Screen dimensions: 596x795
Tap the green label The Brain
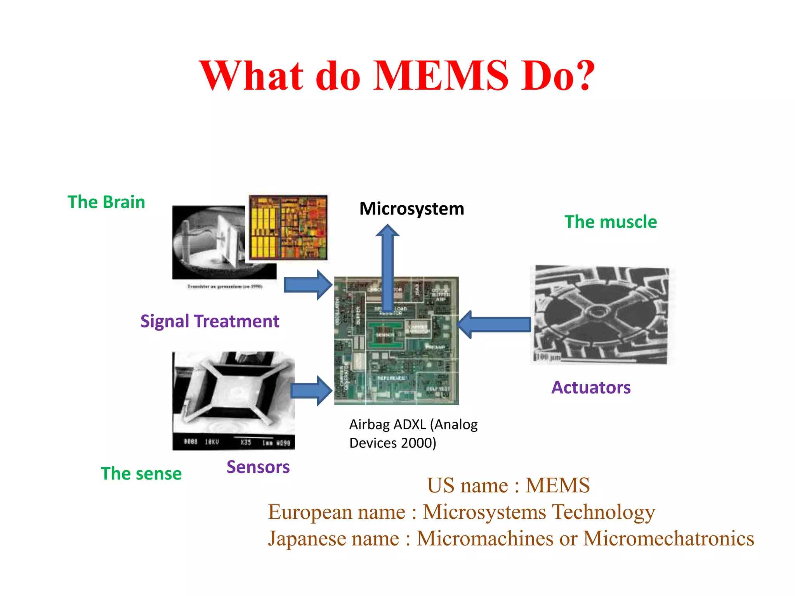[106, 202]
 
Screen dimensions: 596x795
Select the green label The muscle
[610, 222]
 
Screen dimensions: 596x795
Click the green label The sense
[141, 474]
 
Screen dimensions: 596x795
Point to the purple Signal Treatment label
[210, 321]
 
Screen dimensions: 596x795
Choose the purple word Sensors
[258, 467]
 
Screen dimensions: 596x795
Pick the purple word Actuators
[591, 387]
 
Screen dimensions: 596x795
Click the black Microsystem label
[411, 209]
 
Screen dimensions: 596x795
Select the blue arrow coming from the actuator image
[495, 324]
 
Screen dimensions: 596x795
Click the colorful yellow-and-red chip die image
[288, 227]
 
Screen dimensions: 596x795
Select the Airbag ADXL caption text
[413, 433]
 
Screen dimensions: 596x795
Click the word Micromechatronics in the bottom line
[668, 539]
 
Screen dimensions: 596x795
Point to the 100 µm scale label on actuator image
[548, 357]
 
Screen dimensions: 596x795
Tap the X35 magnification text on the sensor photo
[245, 442]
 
